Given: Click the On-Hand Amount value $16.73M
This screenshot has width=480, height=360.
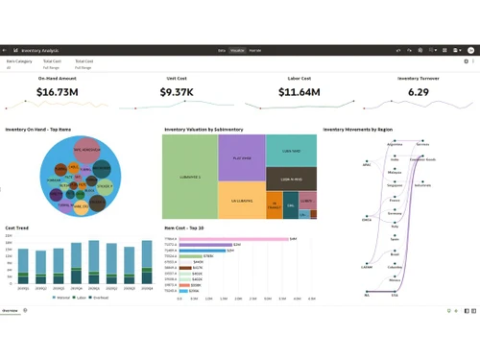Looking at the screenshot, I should coord(57,92).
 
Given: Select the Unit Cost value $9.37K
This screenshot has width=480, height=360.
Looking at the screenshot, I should coord(180,92).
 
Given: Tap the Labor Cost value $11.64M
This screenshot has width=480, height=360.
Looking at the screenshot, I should coord(300,92).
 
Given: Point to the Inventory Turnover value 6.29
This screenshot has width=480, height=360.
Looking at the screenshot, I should coord(419,92).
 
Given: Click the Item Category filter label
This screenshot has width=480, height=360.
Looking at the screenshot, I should coord(18,60).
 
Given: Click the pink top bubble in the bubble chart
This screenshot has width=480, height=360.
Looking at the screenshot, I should coord(87,150).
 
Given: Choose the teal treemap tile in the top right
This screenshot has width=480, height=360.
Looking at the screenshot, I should coord(291,150).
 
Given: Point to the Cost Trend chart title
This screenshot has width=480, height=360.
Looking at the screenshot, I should coord(17,228).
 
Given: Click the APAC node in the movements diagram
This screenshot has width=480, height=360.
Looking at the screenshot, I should coord(367,164).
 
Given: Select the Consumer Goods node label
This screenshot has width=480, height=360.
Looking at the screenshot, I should coord(422,158).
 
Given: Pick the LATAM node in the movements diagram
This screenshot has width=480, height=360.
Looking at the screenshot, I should coord(367,268).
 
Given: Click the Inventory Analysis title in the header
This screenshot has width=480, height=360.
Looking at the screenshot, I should coord(40,48).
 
